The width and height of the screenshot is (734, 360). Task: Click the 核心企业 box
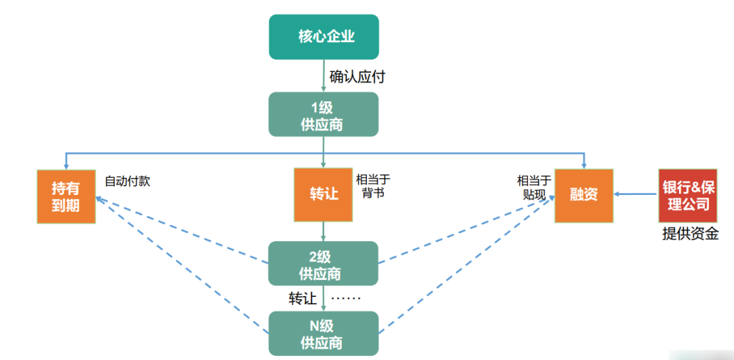pyautogui.click(x=323, y=37)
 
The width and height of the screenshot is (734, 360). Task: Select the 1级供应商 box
pyautogui.click(x=323, y=115)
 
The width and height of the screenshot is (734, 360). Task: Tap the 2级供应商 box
pyautogui.click(x=323, y=264)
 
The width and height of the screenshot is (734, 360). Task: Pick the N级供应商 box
pyautogui.click(x=323, y=333)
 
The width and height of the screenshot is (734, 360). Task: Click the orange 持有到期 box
pyautogui.click(x=65, y=196)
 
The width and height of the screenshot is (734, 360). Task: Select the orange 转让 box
pyautogui.click(x=323, y=194)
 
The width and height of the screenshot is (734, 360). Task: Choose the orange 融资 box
pyautogui.click(x=584, y=194)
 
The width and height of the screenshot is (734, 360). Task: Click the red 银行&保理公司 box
pyautogui.click(x=687, y=195)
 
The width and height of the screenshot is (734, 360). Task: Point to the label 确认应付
pyautogui.click(x=357, y=77)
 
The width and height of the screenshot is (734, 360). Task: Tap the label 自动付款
pyautogui.click(x=127, y=181)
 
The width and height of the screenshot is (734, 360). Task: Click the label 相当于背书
pyautogui.click(x=373, y=186)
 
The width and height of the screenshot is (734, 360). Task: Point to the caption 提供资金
pyautogui.click(x=690, y=235)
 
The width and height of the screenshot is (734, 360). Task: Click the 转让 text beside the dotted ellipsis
pyautogui.click(x=302, y=298)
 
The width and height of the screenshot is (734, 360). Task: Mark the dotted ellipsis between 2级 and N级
pyautogui.click(x=345, y=298)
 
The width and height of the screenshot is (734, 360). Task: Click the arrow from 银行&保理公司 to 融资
pyautogui.click(x=636, y=195)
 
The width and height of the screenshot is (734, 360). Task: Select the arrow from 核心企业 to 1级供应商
pyautogui.click(x=324, y=75)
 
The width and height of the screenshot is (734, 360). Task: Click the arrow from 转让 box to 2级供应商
pyautogui.click(x=324, y=232)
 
